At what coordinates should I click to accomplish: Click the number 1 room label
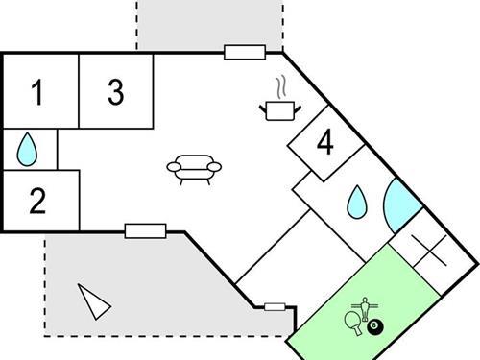coord(37,93)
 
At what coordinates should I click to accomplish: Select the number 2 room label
coord(37,202)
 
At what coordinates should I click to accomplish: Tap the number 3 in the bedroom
coord(115,92)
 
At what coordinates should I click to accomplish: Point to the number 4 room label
coord(325,144)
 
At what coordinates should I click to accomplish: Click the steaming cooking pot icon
coord(278,110)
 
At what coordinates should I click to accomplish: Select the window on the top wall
coord(246,51)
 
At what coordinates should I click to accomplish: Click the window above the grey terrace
coord(145,230)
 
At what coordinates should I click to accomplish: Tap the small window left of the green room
coord(276,307)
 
